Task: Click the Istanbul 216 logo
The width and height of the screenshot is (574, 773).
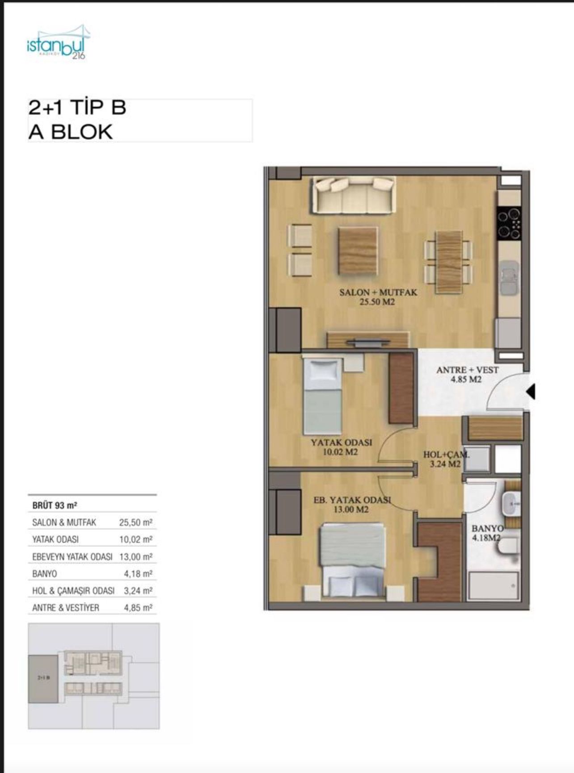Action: (59, 43)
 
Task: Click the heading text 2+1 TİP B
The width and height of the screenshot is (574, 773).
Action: (77, 108)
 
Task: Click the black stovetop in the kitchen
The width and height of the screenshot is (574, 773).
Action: (509, 223)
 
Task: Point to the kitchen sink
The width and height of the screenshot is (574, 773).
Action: (510, 277)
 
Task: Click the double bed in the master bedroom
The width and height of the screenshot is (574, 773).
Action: (352, 561)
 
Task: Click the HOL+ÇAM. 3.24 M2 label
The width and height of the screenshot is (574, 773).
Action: (446, 459)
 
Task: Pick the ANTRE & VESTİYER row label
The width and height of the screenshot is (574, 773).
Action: (66, 607)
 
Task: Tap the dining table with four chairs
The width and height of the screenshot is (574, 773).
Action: (449, 262)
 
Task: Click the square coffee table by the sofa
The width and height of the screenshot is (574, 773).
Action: (358, 251)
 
